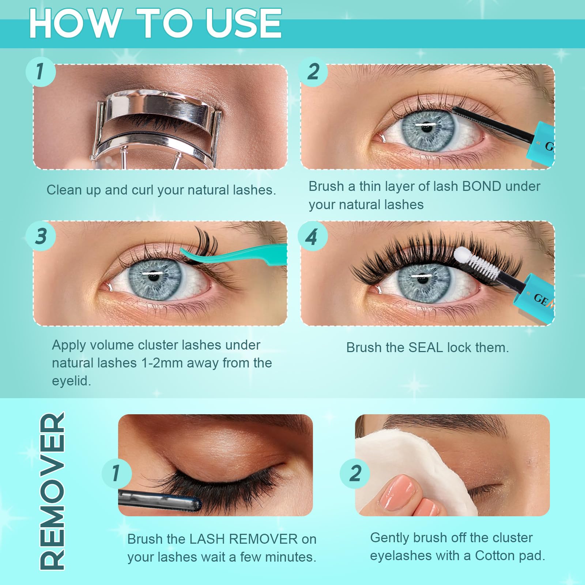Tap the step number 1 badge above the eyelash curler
point(40,71)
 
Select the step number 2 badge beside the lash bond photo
point(313,71)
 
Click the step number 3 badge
point(41,236)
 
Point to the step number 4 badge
point(312,237)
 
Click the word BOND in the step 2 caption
point(482,186)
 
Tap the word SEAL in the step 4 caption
point(425,347)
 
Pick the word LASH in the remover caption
point(207,539)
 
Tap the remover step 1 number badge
point(116,473)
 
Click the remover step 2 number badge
point(355,473)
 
